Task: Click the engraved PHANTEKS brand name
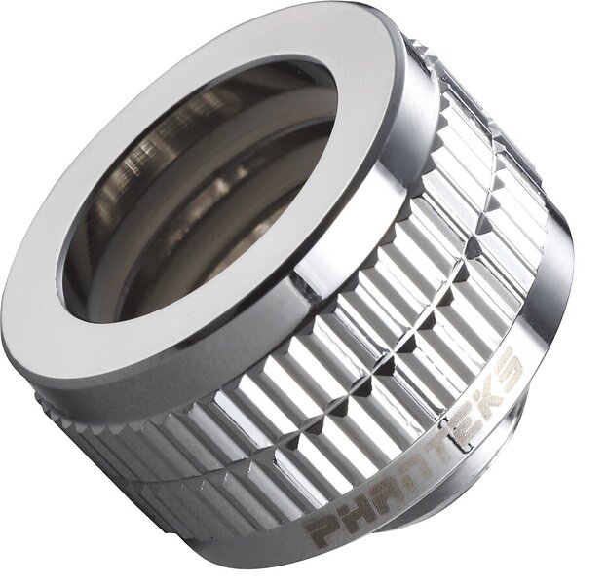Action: (415, 445)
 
